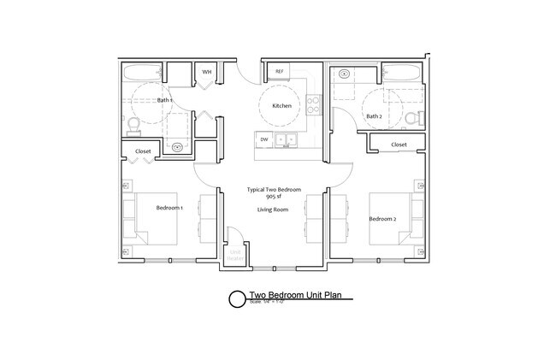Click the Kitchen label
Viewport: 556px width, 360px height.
pyautogui.click(x=281, y=106)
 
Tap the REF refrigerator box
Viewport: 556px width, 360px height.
pyautogui.click(x=279, y=72)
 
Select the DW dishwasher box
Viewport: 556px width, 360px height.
pyautogui.click(x=264, y=139)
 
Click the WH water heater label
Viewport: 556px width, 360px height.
pyautogui.click(x=207, y=73)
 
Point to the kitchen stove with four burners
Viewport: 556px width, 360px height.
pyautogui.click(x=314, y=106)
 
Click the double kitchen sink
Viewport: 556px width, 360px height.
pyautogui.click(x=286, y=139)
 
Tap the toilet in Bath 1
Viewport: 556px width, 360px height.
pyautogui.click(x=133, y=127)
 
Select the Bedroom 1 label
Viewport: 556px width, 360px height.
pyautogui.click(x=169, y=208)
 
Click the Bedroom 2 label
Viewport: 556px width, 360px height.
pyautogui.click(x=382, y=219)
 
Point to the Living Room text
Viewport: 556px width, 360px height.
pyautogui.click(x=273, y=210)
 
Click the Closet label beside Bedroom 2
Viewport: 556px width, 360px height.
pyautogui.click(x=399, y=145)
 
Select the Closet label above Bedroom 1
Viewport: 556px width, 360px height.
pyautogui.click(x=143, y=151)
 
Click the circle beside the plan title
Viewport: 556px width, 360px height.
pyautogui.click(x=235, y=299)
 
